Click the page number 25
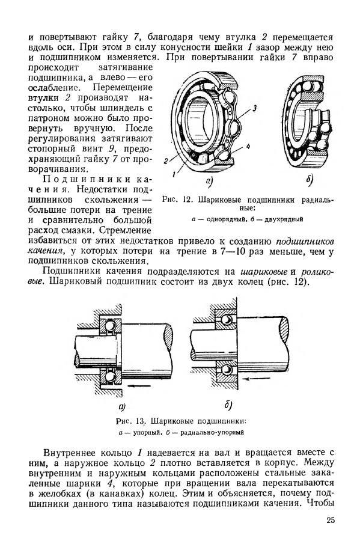pyautogui.click(x=331, y=520)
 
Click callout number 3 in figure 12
pyautogui.click(x=255, y=108)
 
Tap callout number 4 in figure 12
pyautogui.click(x=248, y=147)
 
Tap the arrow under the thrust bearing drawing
pyautogui.click(x=139, y=386)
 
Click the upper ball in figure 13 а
pyautogui.click(x=111, y=326)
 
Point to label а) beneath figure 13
pyautogui.click(x=122, y=406)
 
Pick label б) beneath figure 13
pyautogui.click(x=228, y=405)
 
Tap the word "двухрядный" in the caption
pyautogui.click(x=284, y=219)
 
